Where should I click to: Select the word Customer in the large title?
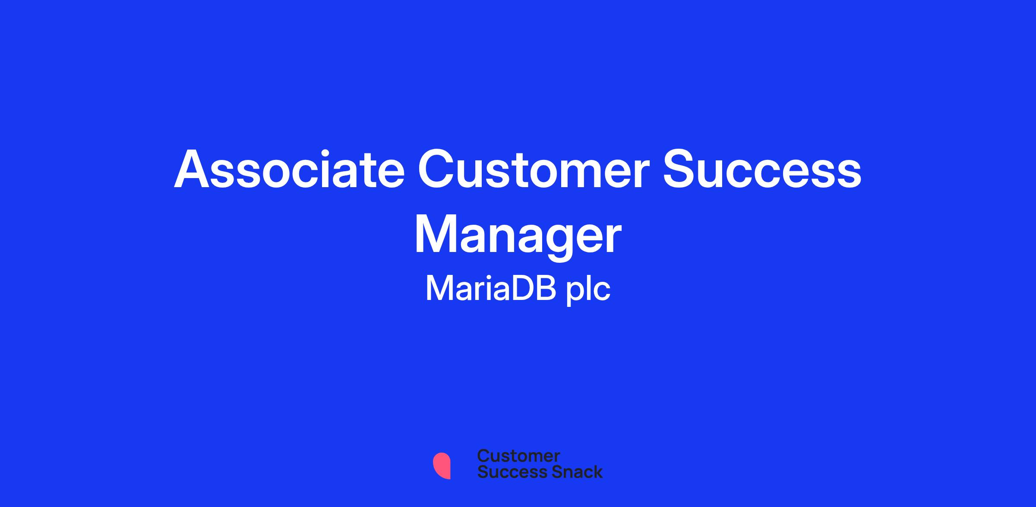pos(534,170)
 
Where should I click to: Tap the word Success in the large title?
pos(762,170)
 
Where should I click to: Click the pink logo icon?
pos(442,466)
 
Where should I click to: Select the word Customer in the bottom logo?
pos(518,456)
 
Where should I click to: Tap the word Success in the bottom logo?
pos(507,472)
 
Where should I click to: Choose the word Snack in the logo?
pos(571,472)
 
